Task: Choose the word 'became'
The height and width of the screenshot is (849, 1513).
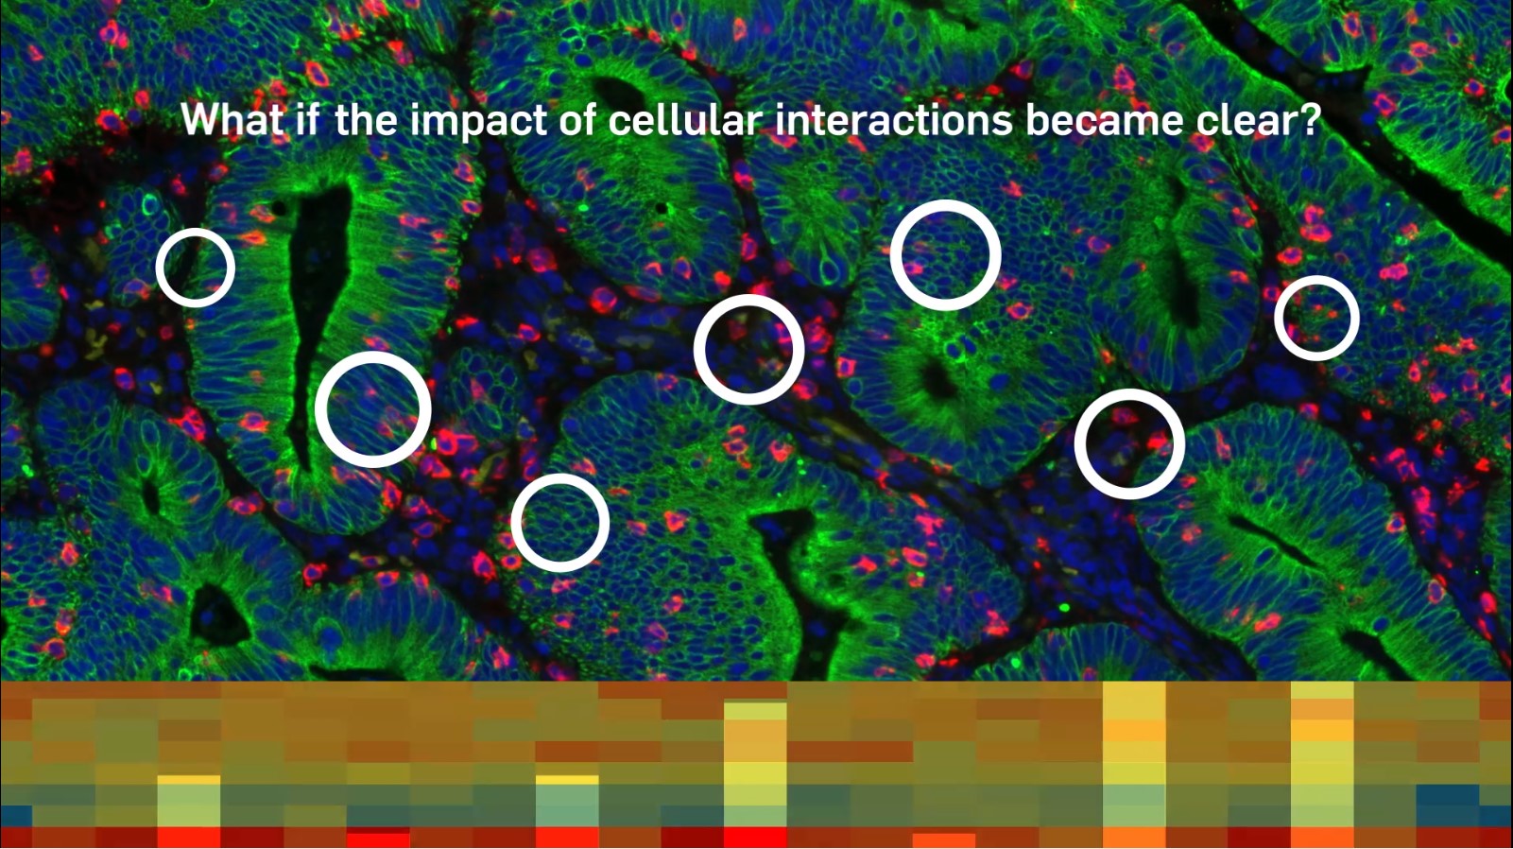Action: pos(1104,120)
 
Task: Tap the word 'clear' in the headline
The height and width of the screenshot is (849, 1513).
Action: pos(1246,120)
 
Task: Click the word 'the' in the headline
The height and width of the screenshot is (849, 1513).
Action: pos(366,120)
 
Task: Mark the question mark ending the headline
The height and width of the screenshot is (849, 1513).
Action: pos(1310,120)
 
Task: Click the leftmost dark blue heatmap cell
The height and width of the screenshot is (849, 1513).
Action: pos(16,815)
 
